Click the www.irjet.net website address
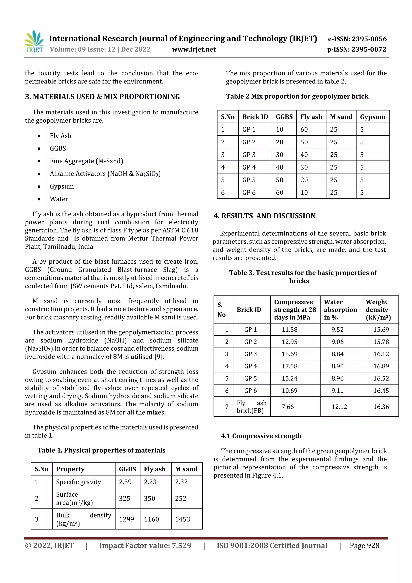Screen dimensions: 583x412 (194, 50)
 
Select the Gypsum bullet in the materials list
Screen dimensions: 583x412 (62, 186)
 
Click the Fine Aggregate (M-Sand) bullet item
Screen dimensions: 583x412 (86, 161)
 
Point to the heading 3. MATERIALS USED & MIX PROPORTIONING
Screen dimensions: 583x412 (102, 97)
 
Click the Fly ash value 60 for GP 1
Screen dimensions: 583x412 (304, 129)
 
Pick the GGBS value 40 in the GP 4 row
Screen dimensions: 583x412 (279, 167)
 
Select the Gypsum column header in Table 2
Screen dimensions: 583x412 (372, 117)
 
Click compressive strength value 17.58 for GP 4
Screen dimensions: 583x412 (289, 366)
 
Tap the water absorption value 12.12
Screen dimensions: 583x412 (339, 407)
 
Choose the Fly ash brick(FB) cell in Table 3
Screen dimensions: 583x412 (251, 407)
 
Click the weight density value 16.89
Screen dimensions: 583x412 (381, 366)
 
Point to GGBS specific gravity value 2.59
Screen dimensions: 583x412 (125, 482)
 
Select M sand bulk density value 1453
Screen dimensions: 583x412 (182, 519)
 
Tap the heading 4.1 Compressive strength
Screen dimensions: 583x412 (261, 436)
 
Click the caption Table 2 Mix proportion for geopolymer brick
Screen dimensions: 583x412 (297, 96)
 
